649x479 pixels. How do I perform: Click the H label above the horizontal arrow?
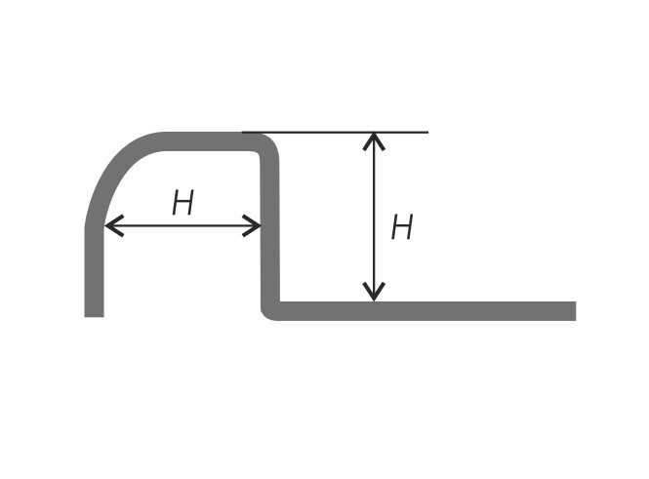(x=183, y=202)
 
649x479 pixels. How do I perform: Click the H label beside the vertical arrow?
(x=402, y=226)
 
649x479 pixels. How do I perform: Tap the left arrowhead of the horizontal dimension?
(x=114, y=225)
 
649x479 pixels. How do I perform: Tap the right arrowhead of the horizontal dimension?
(x=251, y=225)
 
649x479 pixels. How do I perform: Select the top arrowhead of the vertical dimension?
(x=374, y=141)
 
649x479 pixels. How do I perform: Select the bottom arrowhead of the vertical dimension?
(x=374, y=292)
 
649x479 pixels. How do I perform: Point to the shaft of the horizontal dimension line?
(x=183, y=226)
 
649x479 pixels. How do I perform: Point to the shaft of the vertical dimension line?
(x=374, y=217)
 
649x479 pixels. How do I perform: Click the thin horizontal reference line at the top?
(x=335, y=133)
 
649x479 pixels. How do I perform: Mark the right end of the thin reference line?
(x=428, y=133)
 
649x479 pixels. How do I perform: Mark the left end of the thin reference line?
(x=242, y=133)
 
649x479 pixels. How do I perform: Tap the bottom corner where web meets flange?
(x=268, y=313)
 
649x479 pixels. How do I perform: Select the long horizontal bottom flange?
(x=426, y=311)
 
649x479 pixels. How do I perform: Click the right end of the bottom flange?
(x=576, y=311)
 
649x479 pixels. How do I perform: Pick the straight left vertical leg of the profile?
(x=94, y=272)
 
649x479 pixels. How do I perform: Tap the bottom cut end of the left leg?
(x=94, y=317)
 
